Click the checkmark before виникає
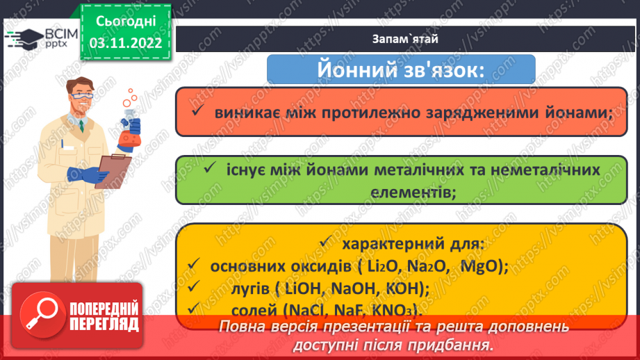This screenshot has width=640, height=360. (x=199, y=111)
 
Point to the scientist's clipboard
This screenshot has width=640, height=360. (x=112, y=170)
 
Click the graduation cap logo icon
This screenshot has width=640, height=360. (x=25, y=38)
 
